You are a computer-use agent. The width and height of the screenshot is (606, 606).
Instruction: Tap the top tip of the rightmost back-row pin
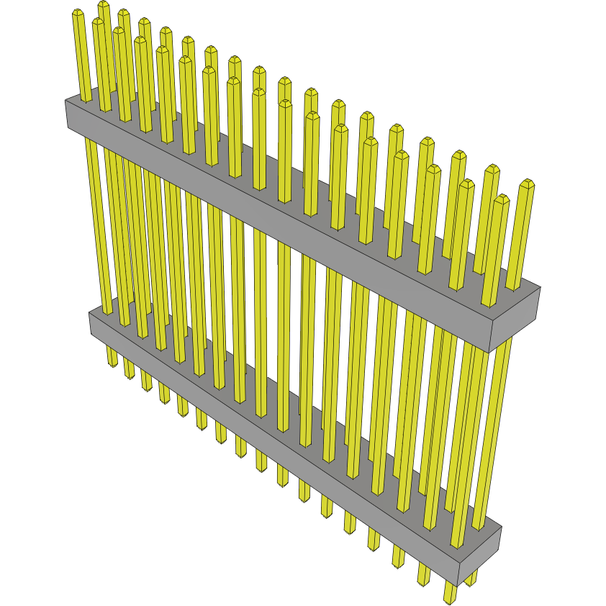(x=528, y=184)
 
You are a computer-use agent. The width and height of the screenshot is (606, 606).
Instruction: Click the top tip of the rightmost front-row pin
(x=502, y=199)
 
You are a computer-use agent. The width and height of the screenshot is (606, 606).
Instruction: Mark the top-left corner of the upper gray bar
(x=66, y=101)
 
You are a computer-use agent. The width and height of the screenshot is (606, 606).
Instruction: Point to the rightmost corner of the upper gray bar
(x=540, y=288)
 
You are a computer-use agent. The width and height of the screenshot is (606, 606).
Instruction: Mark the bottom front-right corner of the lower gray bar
(x=458, y=585)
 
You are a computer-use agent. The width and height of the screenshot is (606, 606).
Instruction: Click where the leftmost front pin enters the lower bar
(x=107, y=312)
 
